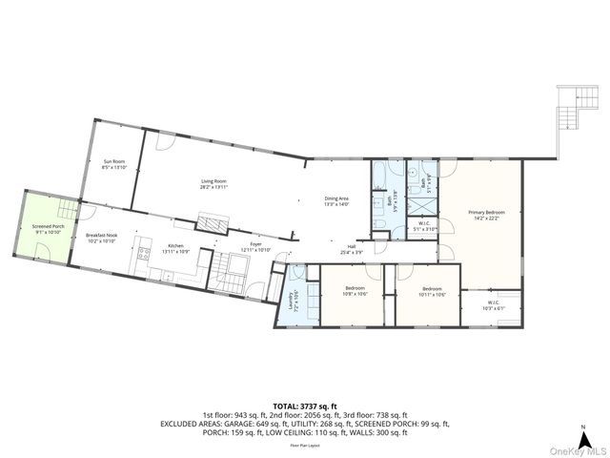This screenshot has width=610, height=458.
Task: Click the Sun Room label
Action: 114,164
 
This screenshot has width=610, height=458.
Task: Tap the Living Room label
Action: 213,182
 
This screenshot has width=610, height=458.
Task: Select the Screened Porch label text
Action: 47,228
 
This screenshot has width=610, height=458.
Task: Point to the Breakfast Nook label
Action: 101,239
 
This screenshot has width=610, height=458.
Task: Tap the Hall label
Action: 364,248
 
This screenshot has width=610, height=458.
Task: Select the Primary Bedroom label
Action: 486,214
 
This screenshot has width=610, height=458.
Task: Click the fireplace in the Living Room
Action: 213,223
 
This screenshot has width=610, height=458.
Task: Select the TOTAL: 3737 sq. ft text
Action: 305,406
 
